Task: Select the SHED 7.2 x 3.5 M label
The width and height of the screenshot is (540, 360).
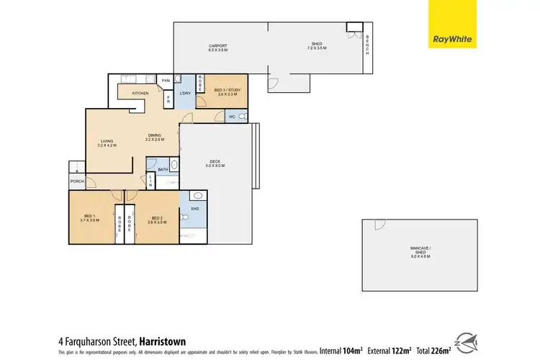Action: (317, 47)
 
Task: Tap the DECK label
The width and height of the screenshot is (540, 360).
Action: (217, 163)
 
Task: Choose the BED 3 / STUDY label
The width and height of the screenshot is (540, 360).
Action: (227, 92)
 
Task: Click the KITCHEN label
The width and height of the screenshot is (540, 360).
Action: (141, 94)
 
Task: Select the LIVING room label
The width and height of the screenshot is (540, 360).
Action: (107, 143)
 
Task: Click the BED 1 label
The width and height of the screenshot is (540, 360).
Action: (90, 220)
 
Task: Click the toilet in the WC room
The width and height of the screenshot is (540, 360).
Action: (243, 117)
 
